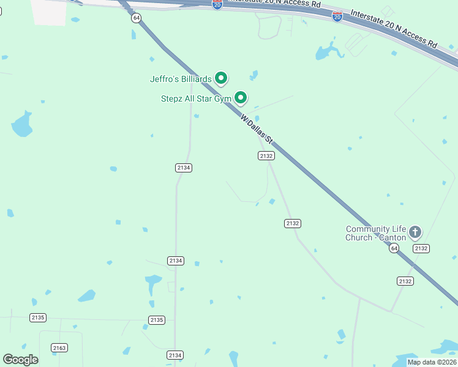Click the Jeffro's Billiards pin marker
coord(221,78)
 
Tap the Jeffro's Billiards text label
coord(181,79)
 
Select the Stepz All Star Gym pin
coord(241,97)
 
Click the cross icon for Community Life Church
coord(415,232)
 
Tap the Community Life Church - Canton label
coord(376,233)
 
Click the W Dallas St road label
coord(256,130)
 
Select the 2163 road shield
coord(59,347)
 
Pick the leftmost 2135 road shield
coord(38,317)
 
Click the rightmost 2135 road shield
coord(157,320)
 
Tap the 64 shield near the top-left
coord(136,18)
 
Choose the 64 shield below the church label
coord(394,248)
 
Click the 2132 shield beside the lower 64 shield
coord(421,248)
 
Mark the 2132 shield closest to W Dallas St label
coord(266,156)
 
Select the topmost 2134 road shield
coord(184,168)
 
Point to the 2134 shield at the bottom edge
coord(175,355)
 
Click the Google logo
coord(20,360)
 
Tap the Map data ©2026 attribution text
coord(432,362)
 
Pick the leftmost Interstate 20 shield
coord(217,4)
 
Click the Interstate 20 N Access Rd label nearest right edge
coord(394,29)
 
